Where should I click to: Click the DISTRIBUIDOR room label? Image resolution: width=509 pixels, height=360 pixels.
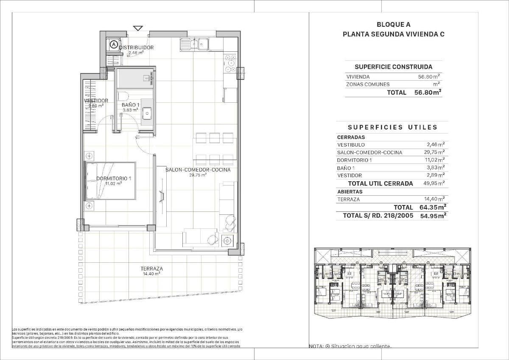click(136, 48)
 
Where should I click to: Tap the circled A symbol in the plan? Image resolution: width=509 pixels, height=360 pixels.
click(113, 43)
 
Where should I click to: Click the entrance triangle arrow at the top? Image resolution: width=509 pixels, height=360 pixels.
click(138, 28)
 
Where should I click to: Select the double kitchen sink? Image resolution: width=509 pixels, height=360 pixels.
click(194, 44)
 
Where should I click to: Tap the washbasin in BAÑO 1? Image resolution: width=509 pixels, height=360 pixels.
click(147, 112)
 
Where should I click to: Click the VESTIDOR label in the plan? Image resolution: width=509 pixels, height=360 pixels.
click(95, 101)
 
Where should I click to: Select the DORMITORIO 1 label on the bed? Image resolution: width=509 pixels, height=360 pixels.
click(113, 178)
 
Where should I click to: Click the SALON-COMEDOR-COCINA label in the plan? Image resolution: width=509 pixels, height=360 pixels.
click(198, 170)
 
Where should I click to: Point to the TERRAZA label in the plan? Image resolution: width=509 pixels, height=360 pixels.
click(151, 268)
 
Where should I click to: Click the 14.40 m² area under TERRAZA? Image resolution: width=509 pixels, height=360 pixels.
click(151, 274)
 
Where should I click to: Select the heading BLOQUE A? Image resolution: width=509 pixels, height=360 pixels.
click(393, 25)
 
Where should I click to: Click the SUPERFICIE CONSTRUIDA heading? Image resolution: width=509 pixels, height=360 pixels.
click(393, 67)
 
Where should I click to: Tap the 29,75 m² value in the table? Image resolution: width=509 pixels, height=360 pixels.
click(435, 152)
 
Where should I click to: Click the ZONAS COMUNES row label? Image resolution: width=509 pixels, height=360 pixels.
click(368, 84)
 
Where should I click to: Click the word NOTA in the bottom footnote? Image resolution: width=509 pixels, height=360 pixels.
click(316, 346)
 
